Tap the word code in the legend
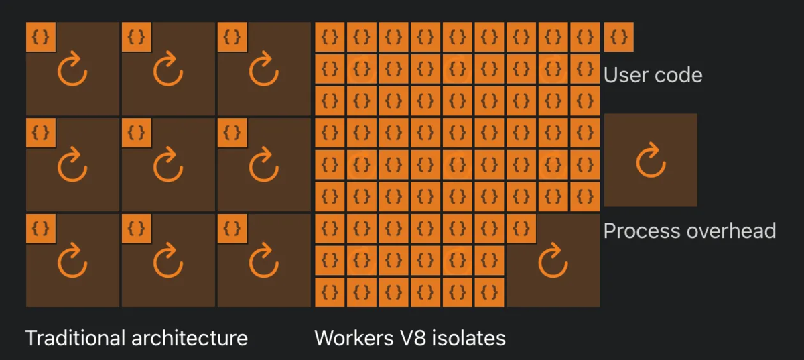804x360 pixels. (678, 74)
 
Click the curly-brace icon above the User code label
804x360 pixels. (618, 37)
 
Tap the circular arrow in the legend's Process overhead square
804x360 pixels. (650, 161)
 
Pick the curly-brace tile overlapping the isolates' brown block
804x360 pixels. (522, 228)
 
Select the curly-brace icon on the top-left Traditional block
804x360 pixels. (41, 37)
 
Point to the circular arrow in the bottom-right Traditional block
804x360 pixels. (263, 262)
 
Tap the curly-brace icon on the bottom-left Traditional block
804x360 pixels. (41, 228)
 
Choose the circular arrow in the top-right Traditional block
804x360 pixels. (263, 70)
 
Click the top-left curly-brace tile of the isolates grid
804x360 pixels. (330, 37)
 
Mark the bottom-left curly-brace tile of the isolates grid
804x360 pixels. (330, 292)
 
